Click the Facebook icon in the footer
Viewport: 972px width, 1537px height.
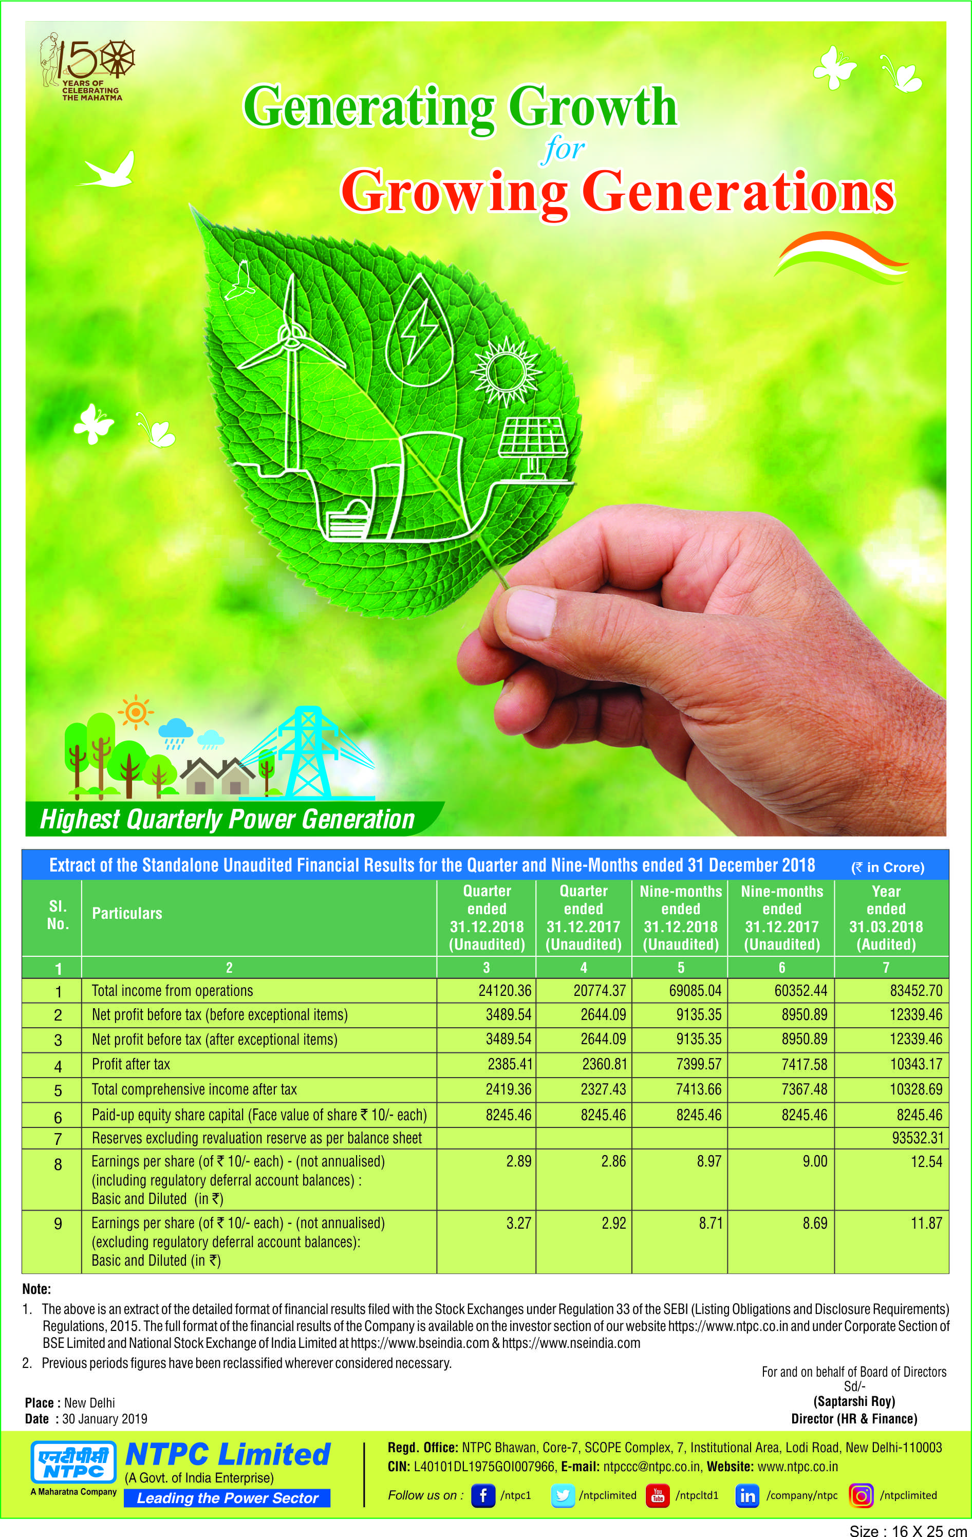[482, 1495]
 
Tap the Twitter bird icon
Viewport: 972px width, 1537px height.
[562, 1495]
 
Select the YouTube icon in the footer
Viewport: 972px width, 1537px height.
[658, 1495]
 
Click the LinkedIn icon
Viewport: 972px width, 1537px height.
[747, 1495]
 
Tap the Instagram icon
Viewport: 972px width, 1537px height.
[861, 1495]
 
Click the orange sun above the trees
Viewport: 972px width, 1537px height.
[135, 711]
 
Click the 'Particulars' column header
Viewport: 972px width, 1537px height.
[127, 913]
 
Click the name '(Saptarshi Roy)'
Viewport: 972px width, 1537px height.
[854, 1401]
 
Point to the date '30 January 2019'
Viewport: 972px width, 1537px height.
[105, 1418]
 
